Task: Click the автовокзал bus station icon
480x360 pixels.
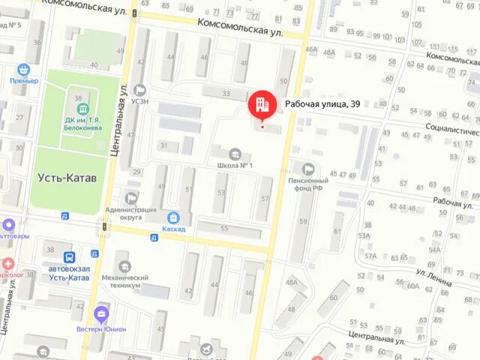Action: coord(68,256)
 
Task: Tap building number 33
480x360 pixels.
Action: coord(226,93)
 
